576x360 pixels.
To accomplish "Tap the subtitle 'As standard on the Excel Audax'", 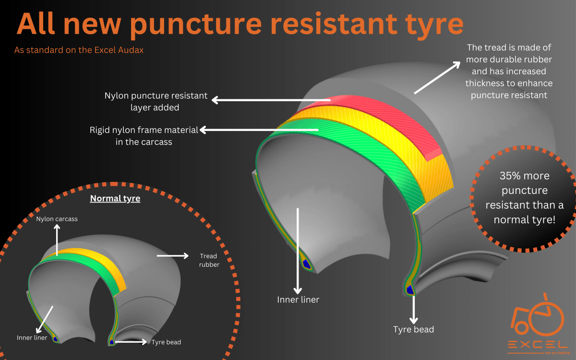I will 79,50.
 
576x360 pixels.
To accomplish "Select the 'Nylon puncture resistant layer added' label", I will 156,102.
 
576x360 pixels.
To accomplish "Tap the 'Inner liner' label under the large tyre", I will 298,300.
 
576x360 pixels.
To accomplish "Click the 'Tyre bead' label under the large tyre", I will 413,329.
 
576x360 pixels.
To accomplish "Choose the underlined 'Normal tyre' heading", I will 115,198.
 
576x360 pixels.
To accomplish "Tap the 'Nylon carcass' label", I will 57,219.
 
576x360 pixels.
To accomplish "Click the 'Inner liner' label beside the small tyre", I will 32,337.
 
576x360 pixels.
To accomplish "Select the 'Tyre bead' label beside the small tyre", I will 166,342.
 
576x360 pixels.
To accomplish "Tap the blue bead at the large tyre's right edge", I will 410,289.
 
